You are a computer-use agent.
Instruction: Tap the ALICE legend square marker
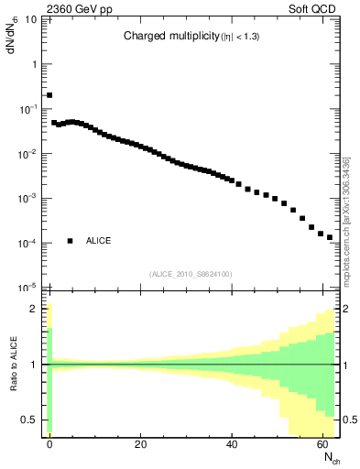pos(70,241)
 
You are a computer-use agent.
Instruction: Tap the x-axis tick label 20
pos(141,444)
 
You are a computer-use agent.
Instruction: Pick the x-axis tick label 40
pos(233,444)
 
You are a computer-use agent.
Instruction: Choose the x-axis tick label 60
pos(324,444)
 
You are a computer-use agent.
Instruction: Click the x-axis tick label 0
pos(49,444)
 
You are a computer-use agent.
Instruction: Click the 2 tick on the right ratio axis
pos(346,310)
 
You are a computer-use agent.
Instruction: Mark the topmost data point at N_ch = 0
pos(49,94)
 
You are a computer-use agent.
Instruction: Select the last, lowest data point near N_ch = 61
pos(330,237)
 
